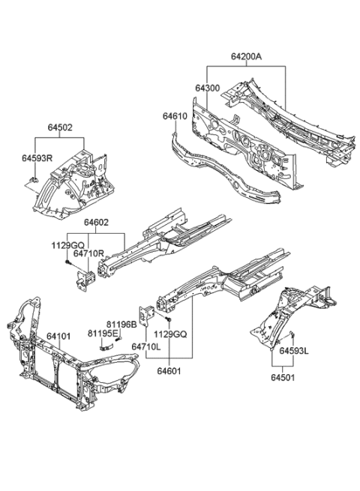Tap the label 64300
(208, 88)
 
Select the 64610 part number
(175, 116)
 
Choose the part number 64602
(98, 223)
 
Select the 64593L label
(295, 350)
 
